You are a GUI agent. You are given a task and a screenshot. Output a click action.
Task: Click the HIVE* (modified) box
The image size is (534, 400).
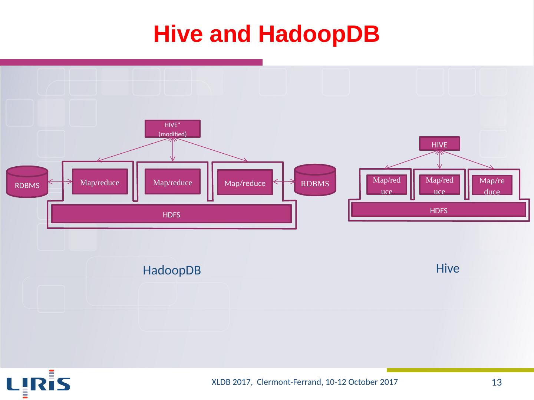coord(172,129)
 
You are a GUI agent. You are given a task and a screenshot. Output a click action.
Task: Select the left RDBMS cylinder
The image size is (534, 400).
coord(27,182)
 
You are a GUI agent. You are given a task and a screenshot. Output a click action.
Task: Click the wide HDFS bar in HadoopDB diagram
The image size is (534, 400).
coord(171,214)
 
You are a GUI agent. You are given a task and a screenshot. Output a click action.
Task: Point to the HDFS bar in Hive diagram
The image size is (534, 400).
coord(439,210)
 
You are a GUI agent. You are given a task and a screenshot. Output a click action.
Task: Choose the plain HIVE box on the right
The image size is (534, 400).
coord(439,144)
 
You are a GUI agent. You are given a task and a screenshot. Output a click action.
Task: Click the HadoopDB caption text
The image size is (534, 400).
coord(172,271)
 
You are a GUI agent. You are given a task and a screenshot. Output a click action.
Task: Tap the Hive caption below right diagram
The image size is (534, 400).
coord(448,269)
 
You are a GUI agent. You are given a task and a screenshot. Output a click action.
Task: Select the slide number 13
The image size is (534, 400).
coord(497,382)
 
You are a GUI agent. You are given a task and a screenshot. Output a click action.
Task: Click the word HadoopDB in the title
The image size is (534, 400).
coord(319,34)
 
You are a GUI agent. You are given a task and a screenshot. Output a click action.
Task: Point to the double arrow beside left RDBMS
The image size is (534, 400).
coord(60,182)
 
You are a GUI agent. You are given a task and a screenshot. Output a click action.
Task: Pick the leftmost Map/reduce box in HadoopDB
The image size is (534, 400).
coord(100,182)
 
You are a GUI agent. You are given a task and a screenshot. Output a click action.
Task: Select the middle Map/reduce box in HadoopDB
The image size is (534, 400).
coord(172,182)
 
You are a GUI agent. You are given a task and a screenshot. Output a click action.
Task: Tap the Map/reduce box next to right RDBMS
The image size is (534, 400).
coord(245,183)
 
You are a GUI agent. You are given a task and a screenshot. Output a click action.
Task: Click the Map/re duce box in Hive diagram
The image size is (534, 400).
coord(492,186)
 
